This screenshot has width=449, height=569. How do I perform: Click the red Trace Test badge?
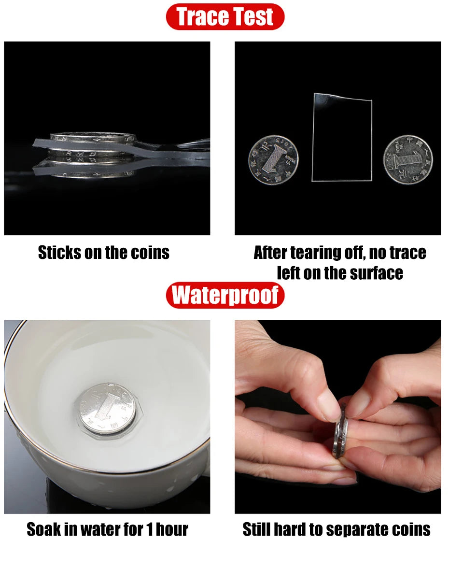pyautogui.click(x=225, y=17)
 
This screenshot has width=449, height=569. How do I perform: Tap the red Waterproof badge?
pyautogui.click(x=225, y=296)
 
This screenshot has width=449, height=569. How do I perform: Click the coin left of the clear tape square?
pyautogui.click(x=273, y=160)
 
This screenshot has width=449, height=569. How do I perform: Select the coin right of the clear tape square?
pyautogui.click(x=408, y=160)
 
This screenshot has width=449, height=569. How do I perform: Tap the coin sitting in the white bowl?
pyautogui.click(x=107, y=408)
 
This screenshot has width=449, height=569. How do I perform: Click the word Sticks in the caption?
pyautogui.click(x=59, y=253)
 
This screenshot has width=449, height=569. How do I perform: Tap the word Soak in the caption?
pyautogui.click(x=43, y=529)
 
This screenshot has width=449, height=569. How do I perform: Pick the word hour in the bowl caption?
pyautogui.click(x=172, y=529)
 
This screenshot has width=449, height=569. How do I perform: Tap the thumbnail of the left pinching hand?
pyautogui.click(x=328, y=405)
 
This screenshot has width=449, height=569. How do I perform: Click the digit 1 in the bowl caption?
pyautogui.click(x=149, y=529)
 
